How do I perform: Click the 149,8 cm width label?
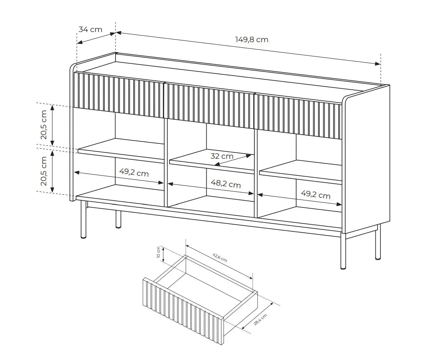[252, 39]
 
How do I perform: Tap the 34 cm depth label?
[90, 29]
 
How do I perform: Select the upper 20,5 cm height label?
[43, 125]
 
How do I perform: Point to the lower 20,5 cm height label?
[43, 171]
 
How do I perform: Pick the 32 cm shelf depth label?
[222, 156]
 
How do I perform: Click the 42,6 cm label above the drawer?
[220, 258]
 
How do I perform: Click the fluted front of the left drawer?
[119, 93]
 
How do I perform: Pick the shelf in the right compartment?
[301, 172]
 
